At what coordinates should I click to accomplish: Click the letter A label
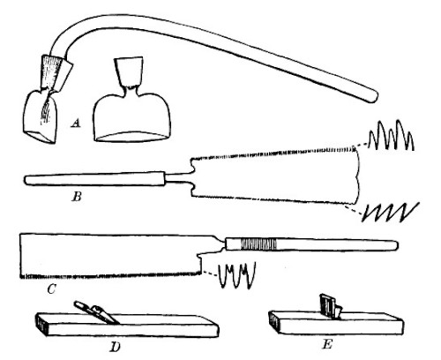(76, 123)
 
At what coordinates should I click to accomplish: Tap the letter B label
(77, 197)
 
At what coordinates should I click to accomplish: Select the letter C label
(51, 289)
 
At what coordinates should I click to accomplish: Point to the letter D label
(116, 348)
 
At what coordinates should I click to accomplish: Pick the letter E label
(327, 344)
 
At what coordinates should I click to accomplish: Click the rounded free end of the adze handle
(373, 96)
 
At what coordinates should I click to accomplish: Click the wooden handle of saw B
(94, 178)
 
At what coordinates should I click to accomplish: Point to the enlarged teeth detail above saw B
(392, 134)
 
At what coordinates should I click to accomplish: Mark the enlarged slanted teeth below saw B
(391, 212)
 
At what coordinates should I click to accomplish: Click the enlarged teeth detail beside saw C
(236, 276)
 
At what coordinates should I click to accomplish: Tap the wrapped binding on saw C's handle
(258, 244)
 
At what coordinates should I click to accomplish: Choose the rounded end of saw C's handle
(394, 245)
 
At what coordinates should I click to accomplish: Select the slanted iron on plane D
(97, 312)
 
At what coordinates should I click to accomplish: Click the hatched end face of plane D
(41, 325)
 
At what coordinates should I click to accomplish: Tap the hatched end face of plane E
(274, 322)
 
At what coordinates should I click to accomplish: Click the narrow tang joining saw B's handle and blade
(178, 179)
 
